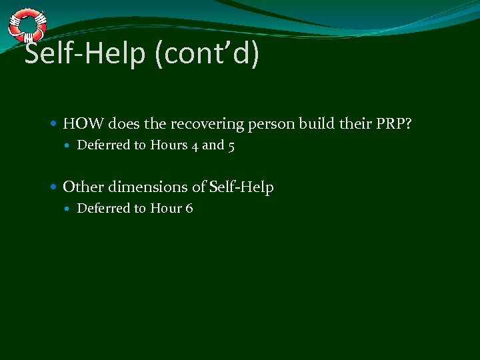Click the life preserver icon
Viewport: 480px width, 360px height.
27,25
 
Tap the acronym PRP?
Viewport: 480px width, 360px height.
396,123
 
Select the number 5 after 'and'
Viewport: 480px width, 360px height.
231,145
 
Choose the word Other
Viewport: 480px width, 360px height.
82,187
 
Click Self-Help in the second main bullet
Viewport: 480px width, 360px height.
241,187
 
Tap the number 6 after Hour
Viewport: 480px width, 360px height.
189,209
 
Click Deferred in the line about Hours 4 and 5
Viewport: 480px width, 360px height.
103,145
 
